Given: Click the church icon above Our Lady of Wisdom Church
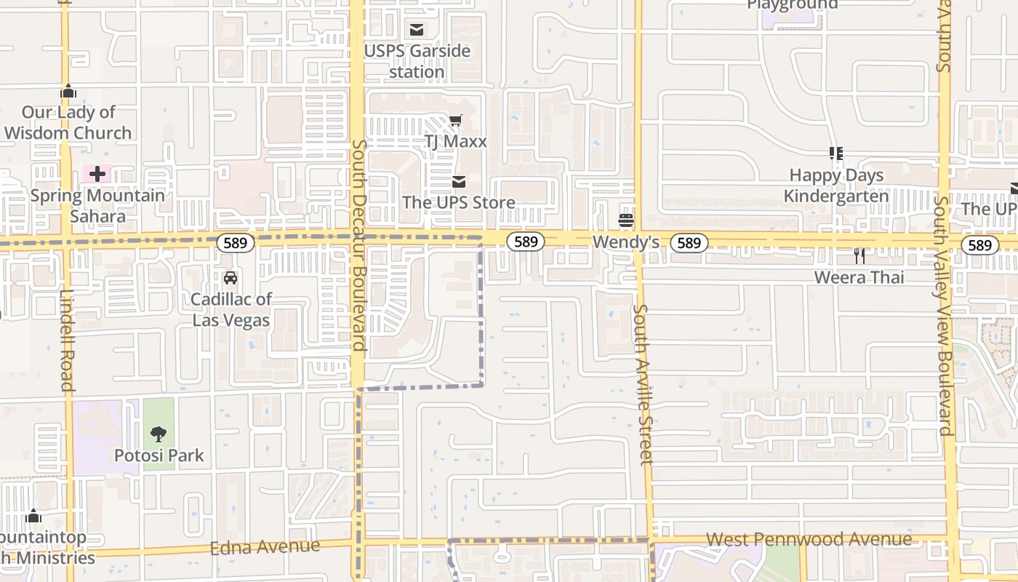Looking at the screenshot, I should pos(68,92).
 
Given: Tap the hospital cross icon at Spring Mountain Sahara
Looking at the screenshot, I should pos(97,174).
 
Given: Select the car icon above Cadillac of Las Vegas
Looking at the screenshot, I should pos(231,277).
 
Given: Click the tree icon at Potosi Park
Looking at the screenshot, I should pos(159,434).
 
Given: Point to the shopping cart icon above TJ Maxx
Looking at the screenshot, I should pos(455,120).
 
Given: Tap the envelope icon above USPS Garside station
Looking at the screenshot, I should pos(417,30).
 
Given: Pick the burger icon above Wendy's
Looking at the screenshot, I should pos(626,220).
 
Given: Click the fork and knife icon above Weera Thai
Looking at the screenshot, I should pos(859,255).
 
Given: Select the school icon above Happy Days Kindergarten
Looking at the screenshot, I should pos(836,154).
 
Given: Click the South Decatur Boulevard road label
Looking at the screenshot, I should pos(358,245).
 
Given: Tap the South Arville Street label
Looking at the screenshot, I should pos(642,385).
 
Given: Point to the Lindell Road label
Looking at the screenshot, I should pos(68,340).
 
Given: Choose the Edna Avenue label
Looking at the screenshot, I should pos(265,547).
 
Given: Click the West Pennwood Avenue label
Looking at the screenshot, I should pos(809,539).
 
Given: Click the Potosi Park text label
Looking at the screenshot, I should pos(159,456).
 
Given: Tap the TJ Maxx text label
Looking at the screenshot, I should pos(455,141).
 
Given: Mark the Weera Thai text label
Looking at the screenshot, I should pos(859,277).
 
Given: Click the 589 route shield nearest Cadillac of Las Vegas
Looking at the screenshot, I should pos(235,243).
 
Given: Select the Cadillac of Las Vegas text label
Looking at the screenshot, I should pos(231,310).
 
